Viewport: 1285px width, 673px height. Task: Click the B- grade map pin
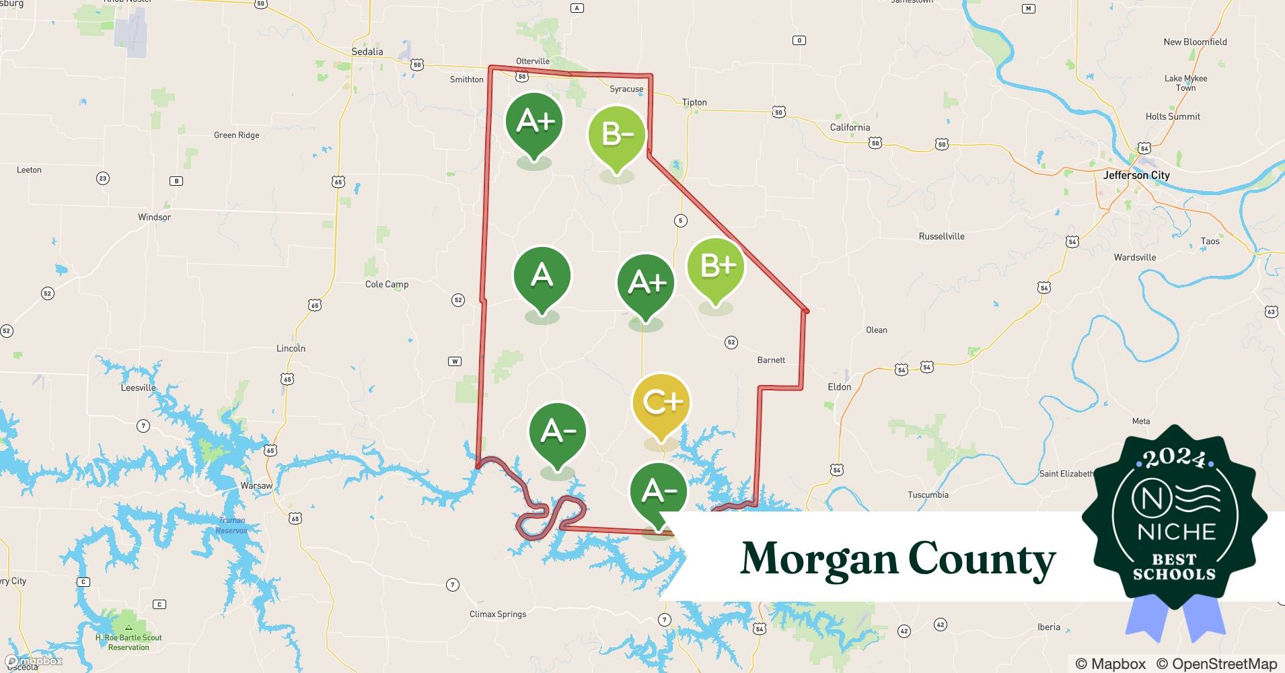click(616, 135)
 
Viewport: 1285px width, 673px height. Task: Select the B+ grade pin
click(715, 267)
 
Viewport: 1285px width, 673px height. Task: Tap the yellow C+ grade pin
click(661, 402)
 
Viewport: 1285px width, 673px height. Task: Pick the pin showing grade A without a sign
click(542, 277)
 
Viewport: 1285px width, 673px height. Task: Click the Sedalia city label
click(367, 52)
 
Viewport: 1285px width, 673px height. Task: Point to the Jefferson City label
click(1136, 175)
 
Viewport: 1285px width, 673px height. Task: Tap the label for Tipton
click(694, 102)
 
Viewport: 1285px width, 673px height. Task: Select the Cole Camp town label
click(387, 284)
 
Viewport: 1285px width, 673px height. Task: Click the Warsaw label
click(256, 485)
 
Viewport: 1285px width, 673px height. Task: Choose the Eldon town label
click(839, 387)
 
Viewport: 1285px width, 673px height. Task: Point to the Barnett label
click(771, 360)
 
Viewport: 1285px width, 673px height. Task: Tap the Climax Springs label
click(498, 614)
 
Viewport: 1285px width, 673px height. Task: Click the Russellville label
click(941, 236)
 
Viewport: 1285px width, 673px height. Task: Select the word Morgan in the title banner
click(818, 559)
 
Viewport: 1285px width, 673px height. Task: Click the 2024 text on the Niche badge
click(1175, 458)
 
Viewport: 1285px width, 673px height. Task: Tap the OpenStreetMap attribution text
click(1216, 664)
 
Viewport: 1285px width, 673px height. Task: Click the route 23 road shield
click(102, 178)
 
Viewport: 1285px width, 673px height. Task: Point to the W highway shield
click(455, 361)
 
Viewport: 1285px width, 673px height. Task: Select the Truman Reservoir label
click(232, 525)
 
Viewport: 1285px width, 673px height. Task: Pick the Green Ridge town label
click(236, 135)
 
